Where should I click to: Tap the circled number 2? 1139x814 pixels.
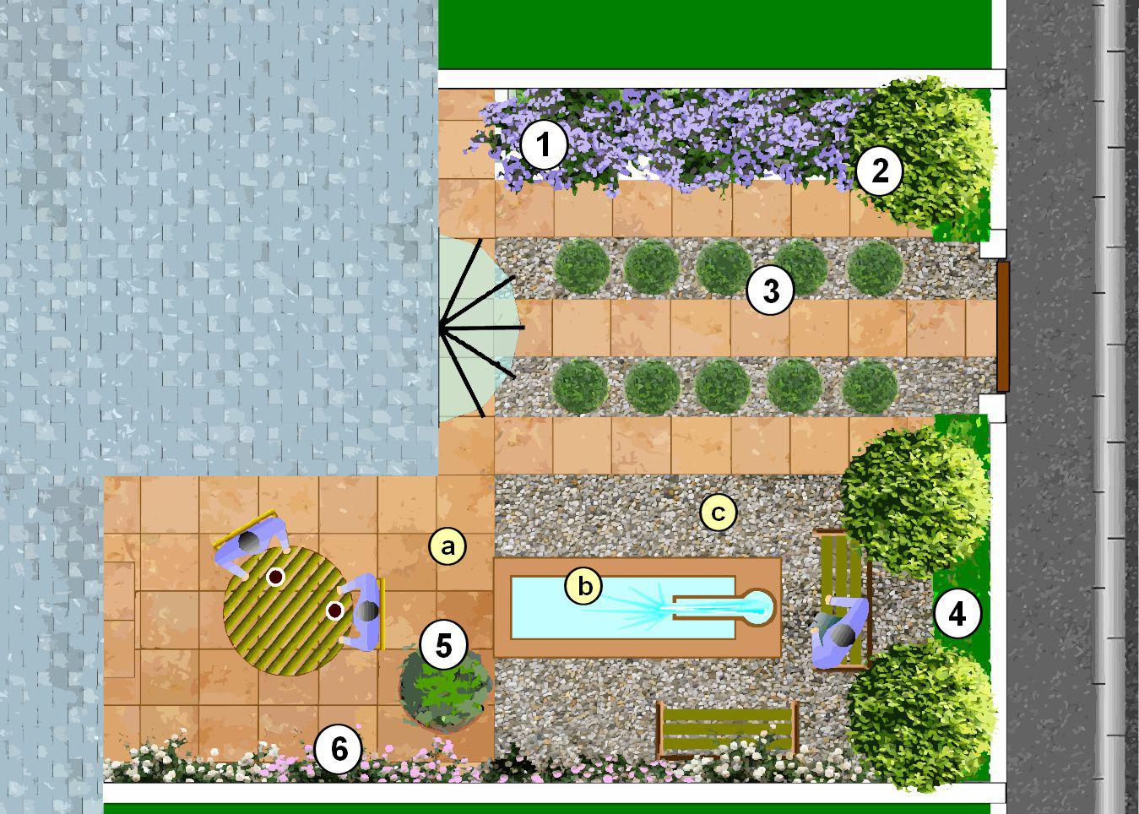879,171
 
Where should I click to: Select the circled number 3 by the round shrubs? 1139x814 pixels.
770,290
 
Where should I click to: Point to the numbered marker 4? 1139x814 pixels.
957,614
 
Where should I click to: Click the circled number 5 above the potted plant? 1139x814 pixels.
443,646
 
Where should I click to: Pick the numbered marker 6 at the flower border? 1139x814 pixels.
339,749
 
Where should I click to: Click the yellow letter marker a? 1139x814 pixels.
447,547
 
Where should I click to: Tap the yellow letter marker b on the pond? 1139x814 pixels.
585,586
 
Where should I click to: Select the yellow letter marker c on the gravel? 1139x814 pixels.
718,513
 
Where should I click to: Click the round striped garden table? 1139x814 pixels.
287,610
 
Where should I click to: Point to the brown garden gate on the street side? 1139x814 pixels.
1003,327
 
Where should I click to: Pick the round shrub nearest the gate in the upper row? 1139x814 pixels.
875,268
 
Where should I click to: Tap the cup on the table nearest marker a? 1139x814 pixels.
275,577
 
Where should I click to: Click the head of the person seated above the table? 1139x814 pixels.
250,542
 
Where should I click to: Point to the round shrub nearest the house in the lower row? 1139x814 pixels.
580,385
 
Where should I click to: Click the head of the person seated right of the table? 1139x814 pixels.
367,611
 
